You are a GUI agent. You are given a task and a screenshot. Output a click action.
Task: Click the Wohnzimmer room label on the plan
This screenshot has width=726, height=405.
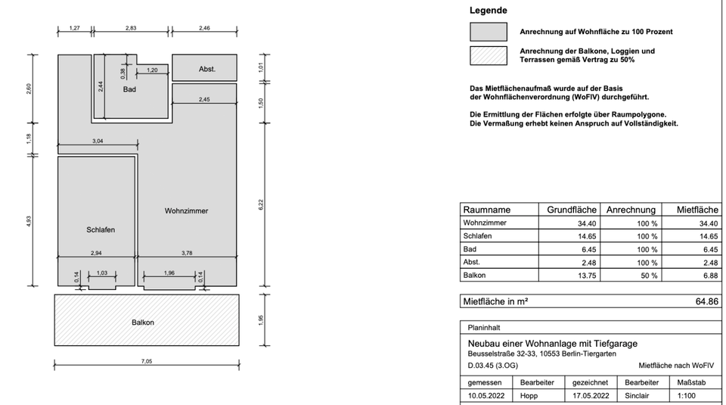(x=186, y=210)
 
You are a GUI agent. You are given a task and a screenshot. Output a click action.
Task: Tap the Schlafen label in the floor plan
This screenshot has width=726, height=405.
(x=101, y=229)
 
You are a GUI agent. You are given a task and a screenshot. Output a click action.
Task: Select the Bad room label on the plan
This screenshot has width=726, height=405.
(x=129, y=89)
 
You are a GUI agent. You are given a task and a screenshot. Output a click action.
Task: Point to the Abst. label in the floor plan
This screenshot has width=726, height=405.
(x=207, y=69)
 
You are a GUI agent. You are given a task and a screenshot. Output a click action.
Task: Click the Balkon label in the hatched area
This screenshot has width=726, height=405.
(x=142, y=322)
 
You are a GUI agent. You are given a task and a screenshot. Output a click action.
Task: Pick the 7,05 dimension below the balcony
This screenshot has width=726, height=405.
(x=147, y=362)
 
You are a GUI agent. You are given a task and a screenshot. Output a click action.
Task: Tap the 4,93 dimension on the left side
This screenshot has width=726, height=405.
(x=29, y=221)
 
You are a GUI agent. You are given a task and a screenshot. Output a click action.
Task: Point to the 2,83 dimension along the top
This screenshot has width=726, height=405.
(x=132, y=28)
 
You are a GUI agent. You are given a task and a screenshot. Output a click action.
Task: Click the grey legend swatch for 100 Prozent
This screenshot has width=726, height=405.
(x=488, y=32)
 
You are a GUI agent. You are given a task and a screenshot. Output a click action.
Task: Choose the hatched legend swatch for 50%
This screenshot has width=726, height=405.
(x=488, y=56)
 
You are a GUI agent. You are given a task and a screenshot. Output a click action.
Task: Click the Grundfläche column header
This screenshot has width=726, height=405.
(x=572, y=210)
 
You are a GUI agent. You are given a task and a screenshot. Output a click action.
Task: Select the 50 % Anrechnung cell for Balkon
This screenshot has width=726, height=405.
(x=647, y=276)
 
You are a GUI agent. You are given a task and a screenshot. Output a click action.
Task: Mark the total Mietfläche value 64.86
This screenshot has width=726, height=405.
(x=706, y=301)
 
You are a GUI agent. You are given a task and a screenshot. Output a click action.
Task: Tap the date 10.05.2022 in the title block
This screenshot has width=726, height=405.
(x=486, y=395)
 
